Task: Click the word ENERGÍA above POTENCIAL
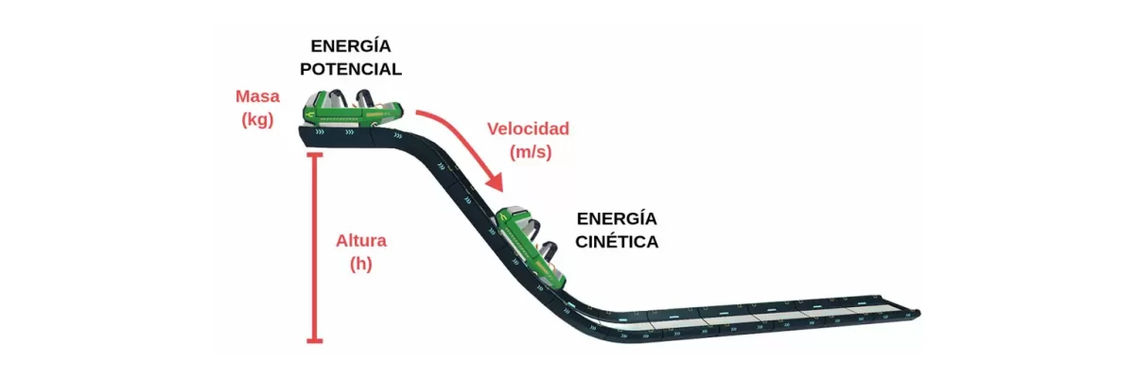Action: tap(351, 45)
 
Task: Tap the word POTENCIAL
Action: tap(351, 69)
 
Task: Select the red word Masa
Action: tap(257, 96)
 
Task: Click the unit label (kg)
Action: tap(257, 120)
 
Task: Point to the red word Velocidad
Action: tap(529, 129)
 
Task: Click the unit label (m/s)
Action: tap(531, 152)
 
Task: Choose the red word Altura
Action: tap(361, 240)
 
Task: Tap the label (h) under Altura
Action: tap(361, 264)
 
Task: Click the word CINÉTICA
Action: tap(617, 242)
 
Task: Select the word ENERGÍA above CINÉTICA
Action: tap(617, 218)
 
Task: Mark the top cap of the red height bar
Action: tap(315, 154)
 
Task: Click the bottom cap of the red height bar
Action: tap(315, 341)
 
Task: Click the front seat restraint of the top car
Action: tap(364, 98)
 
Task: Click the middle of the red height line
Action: tap(315, 248)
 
